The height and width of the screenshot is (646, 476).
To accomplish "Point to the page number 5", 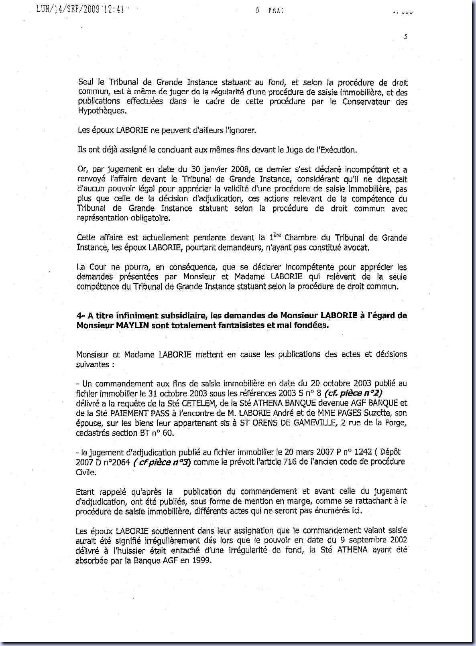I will pyautogui.click(x=406, y=37).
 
